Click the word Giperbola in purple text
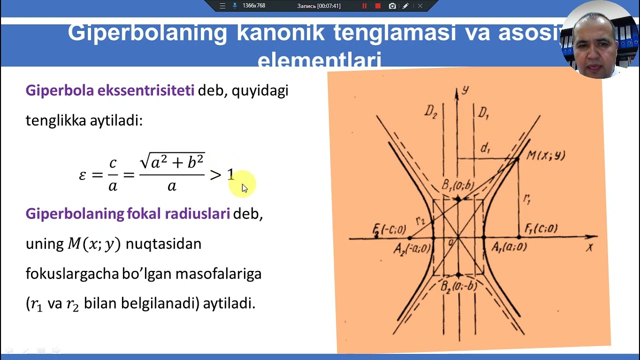point(59,90)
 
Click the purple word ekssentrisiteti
point(145,90)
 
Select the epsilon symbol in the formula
point(83,175)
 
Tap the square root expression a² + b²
point(172,162)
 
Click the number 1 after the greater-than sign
point(230,174)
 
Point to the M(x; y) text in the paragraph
point(94,244)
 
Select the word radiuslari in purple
point(197,213)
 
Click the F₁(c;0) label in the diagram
point(541,229)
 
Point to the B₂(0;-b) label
point(458,287)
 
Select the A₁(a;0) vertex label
point(509,247)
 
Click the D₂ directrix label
point(431,111)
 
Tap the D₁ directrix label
point(483,113)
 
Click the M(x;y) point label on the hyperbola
point(545,155)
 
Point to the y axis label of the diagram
point(465,89)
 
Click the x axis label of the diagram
point(590,247)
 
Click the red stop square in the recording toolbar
point(378,6)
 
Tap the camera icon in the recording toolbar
point(392,6)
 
